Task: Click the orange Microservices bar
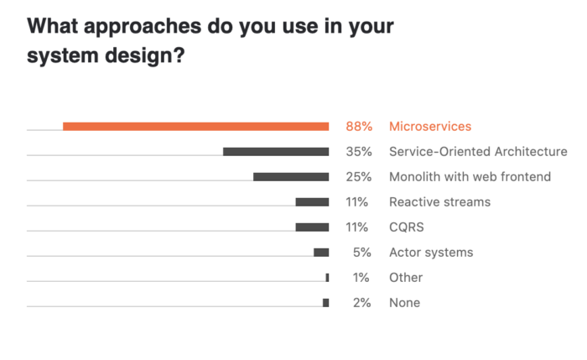coord(195,127)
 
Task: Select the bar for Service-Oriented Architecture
coord(276,152)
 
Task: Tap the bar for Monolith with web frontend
coord(291,177)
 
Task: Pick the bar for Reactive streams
coord(312,202)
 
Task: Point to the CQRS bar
coord(312,227)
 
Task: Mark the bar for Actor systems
coord(321,253)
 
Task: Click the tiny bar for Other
coord(327,278)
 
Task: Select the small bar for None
coord(326,303)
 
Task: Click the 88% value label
coord(358,127)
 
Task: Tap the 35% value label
coord(358,152)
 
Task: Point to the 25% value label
coord(358,177)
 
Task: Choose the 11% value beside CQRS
coord(358,227)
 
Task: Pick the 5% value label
coord(361,253)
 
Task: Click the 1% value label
coord(361,278)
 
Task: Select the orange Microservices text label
coord(430,127)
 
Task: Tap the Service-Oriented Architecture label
coord(478,152)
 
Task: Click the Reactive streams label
coord(439,202)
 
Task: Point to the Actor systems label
coord(431,253)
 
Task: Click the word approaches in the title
coord(145,27)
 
